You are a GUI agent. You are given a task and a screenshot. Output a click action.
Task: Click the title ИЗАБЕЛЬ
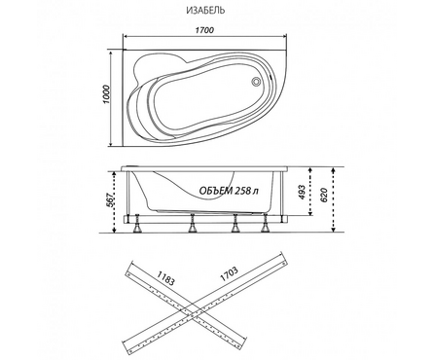(205, 10)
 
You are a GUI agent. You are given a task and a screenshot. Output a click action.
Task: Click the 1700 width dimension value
(204, 30)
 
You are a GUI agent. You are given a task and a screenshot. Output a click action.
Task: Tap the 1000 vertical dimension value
(107, 94)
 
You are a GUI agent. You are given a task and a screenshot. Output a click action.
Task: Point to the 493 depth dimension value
(302, 193)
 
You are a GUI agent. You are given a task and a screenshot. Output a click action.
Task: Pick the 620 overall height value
(324, 195)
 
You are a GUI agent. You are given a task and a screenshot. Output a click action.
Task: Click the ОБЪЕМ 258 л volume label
(229, 191)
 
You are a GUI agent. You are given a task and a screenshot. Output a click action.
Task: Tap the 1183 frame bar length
(165, 277)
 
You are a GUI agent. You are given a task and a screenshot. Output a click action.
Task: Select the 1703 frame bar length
(229, 273)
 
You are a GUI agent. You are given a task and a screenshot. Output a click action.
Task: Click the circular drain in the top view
(256, 81)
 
